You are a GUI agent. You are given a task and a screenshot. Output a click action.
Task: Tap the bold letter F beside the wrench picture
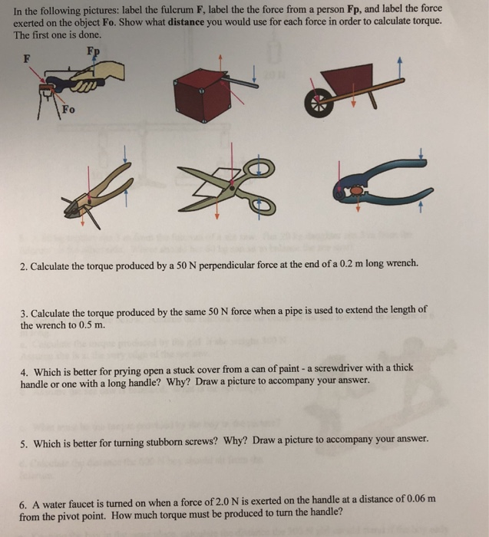tap(28, 59)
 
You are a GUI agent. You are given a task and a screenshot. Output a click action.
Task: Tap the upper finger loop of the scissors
tap(261, 166)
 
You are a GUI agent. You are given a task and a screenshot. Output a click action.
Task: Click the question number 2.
tap(24, 263)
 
